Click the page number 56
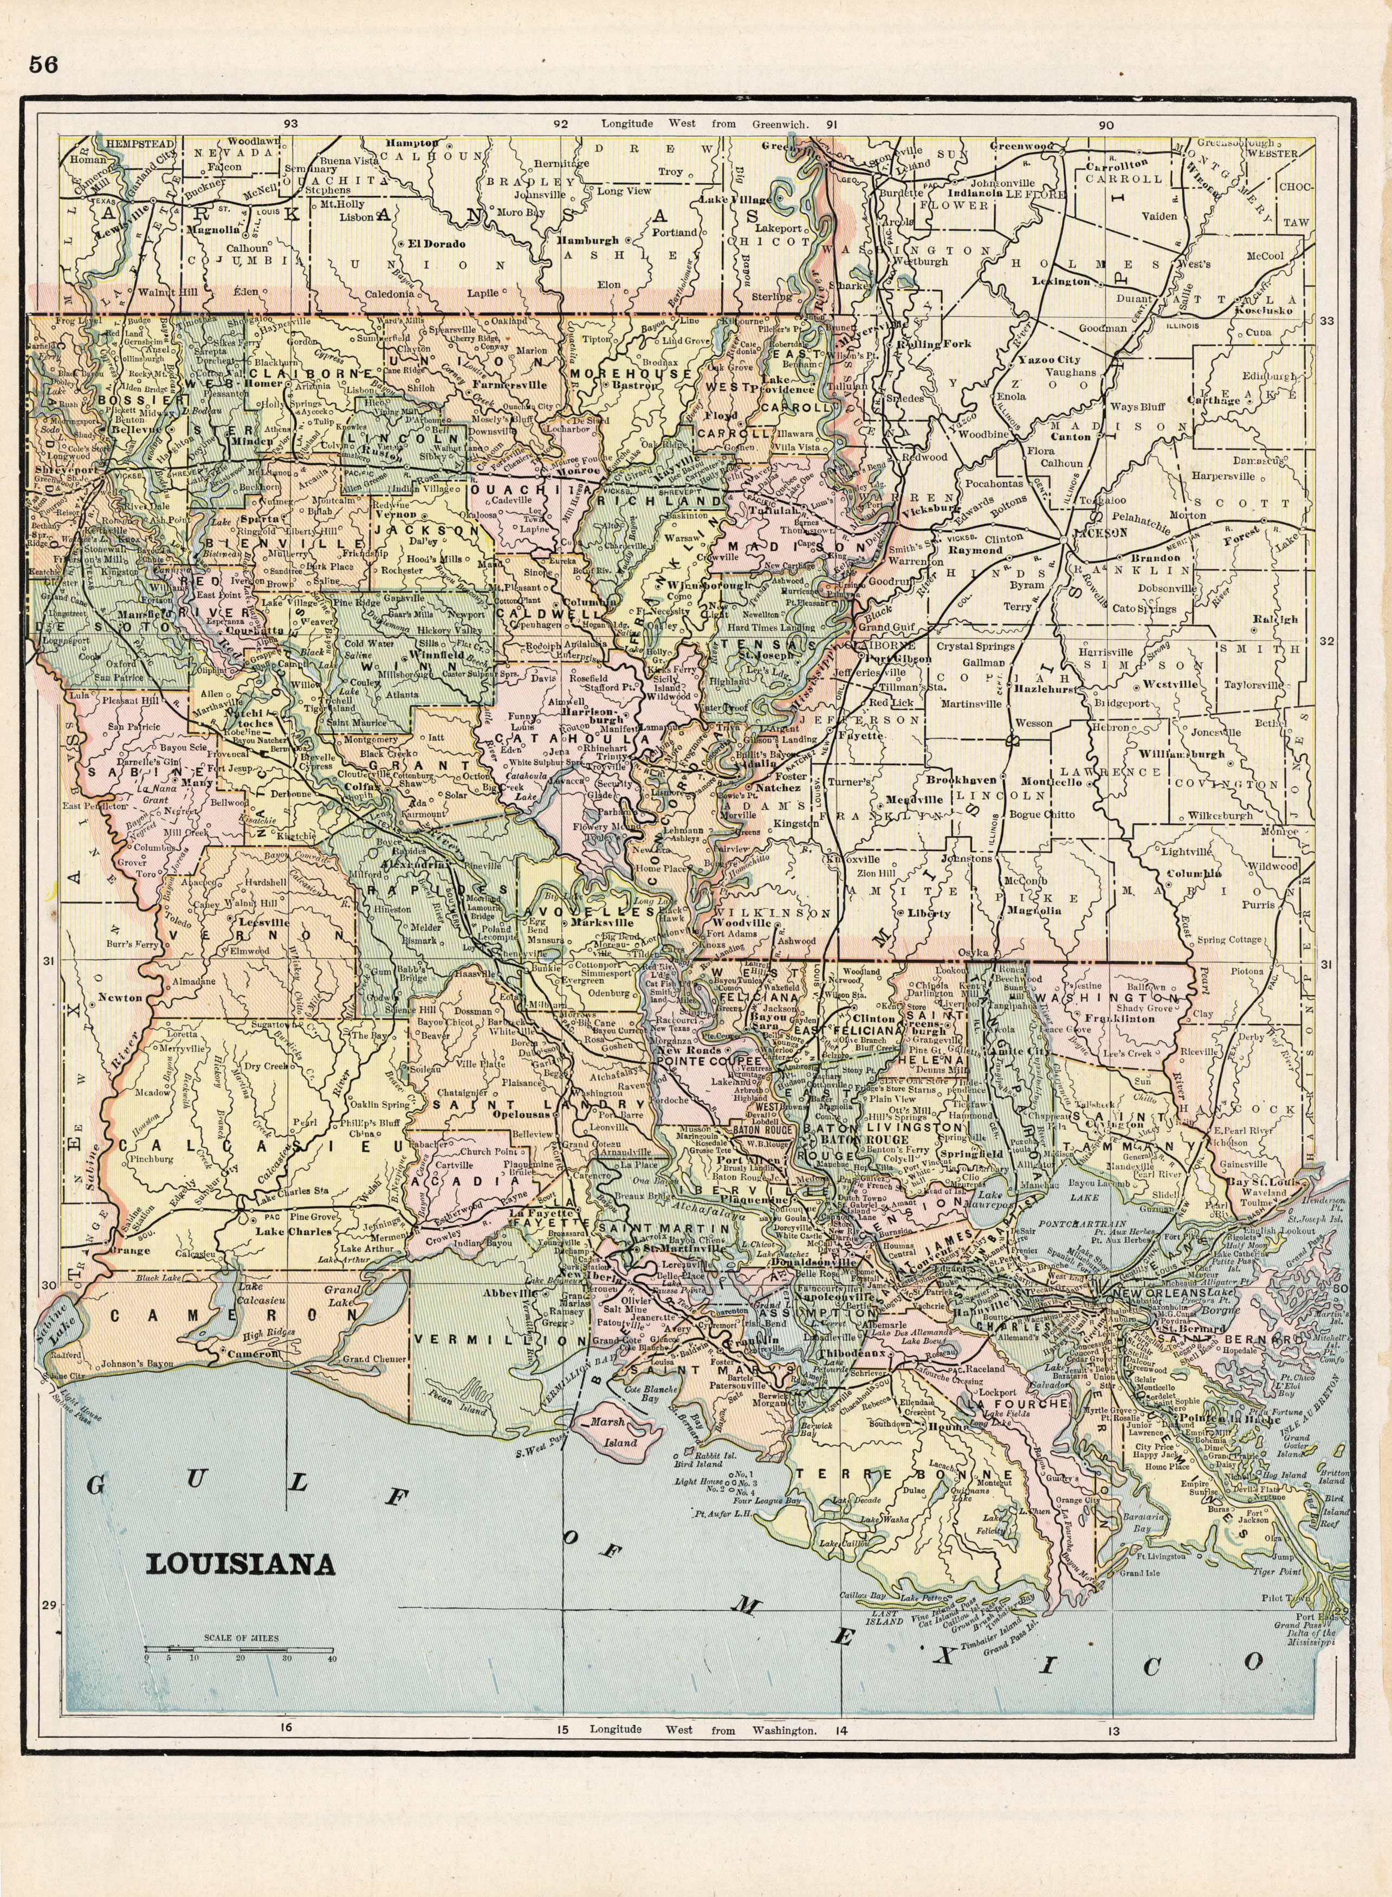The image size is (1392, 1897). (42, 64)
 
